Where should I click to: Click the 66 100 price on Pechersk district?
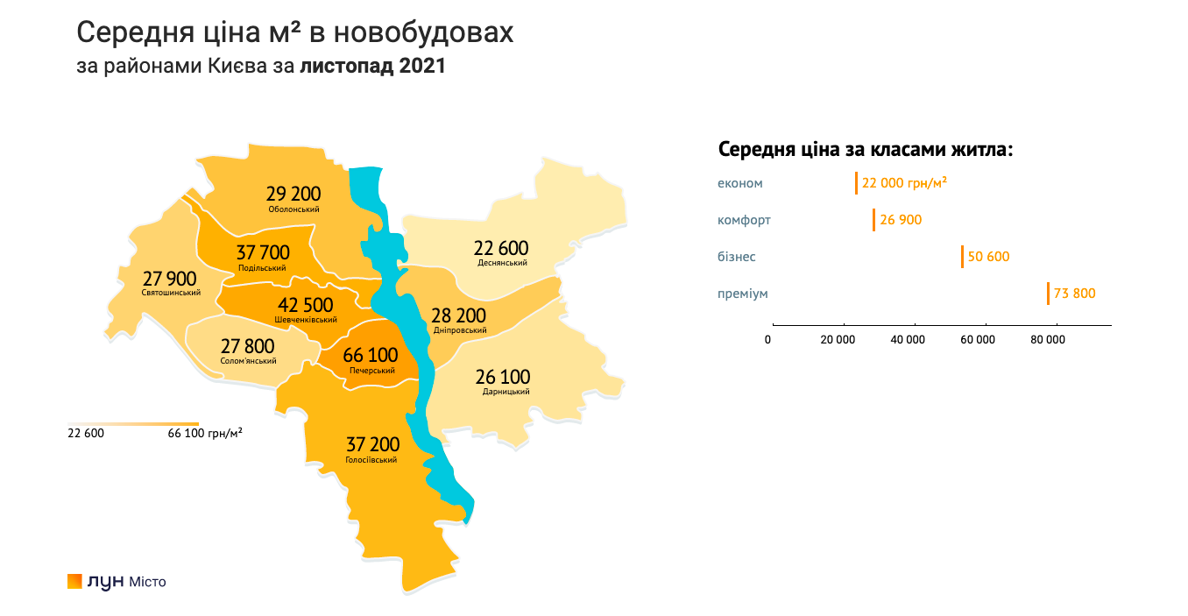371,356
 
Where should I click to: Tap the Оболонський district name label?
293,210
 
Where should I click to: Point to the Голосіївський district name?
372,460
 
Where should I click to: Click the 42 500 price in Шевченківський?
305,306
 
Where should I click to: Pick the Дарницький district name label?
506,392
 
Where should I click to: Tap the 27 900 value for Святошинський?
170,279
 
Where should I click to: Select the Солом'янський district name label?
248,361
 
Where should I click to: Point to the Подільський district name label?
262,268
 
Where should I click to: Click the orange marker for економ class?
857,183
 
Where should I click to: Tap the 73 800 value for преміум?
1074,294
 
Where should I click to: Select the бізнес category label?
736,257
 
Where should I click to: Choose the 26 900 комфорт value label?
901,220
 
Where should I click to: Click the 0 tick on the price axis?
768,340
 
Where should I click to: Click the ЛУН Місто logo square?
74,581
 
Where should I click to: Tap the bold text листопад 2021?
372,67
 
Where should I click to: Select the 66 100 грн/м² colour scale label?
205,433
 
